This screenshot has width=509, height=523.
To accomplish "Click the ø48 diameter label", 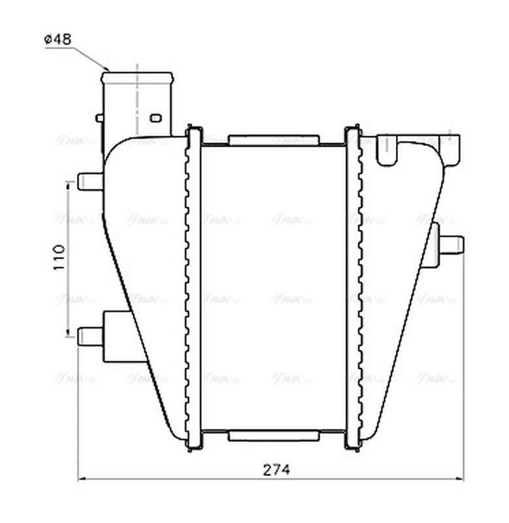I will (57, 39).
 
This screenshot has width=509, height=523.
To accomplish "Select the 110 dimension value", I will (58, 258).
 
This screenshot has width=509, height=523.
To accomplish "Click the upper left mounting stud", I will (89, 181).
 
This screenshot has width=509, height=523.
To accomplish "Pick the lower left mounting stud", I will (89, 336).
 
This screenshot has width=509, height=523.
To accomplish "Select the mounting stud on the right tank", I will (451, 245).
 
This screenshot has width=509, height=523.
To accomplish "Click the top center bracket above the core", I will (273, 140).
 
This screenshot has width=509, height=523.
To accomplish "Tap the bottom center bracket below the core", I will (273, 435).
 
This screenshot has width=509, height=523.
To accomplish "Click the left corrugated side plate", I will (194, 288).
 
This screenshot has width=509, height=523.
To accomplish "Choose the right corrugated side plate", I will (353, 288).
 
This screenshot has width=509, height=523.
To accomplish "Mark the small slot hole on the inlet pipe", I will (156, 118).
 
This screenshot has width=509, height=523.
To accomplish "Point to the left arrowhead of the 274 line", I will (82, 480).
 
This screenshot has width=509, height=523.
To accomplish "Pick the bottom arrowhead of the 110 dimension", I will (68, 333).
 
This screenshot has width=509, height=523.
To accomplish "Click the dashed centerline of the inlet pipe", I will (137, 98).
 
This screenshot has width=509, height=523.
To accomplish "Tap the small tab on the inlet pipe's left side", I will (99, 118).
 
